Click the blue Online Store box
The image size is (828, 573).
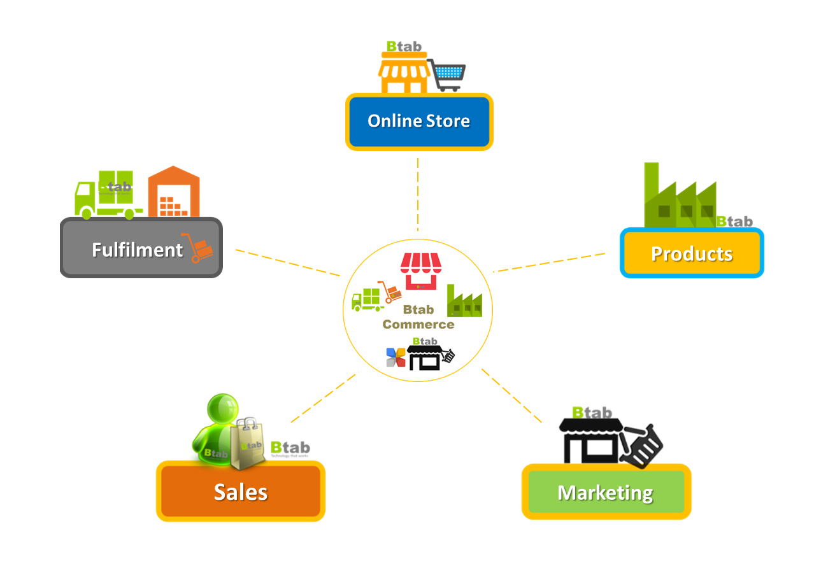pos(419,122)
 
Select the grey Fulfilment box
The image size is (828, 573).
pos(141,248)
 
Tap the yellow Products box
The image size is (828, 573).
pos(692,253)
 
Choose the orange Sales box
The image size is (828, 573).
pos(240,491)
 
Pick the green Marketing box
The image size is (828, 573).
pos(605,492)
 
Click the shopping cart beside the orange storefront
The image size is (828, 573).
pos(448,75)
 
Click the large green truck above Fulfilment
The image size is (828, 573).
pos(105,194)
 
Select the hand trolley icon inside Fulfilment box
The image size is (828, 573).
pos(198,248)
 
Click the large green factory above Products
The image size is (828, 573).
pos(679,197)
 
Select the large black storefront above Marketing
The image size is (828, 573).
pos(589,439)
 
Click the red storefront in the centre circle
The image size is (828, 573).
pos(420,271)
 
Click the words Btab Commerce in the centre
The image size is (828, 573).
pos(418,317)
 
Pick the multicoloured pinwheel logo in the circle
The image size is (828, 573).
pos(396,357)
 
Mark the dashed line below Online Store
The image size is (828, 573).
pos(418,194)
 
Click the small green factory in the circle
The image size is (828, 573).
pos(464,302)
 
